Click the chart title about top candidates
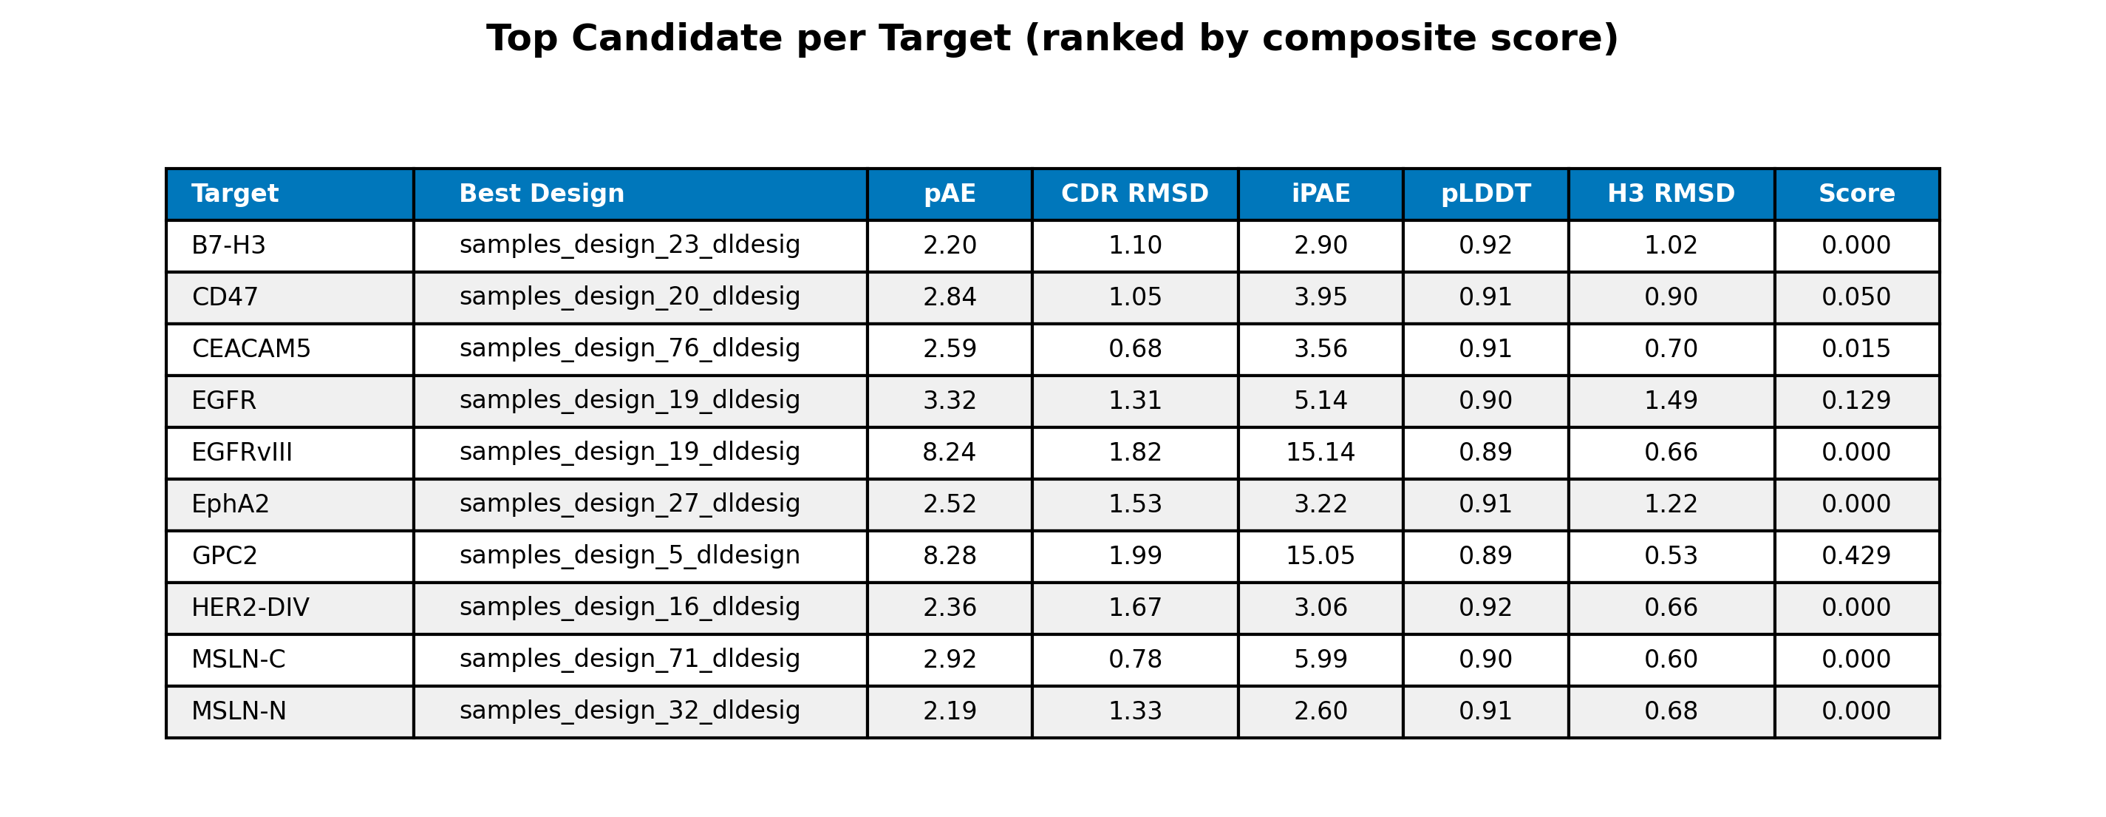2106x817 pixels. click(1052, 38)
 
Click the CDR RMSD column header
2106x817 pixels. click(1135, 194)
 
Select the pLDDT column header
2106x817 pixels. click(1485, 194)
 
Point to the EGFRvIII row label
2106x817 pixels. click(241, 452)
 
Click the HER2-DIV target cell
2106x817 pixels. click(251, 608)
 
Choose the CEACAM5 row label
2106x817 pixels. click(251, 349)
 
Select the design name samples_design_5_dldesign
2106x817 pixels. click(630, 555)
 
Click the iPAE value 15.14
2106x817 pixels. click(1320, 452)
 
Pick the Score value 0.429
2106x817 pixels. click(1855, 556)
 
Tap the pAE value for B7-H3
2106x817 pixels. click(949, 245)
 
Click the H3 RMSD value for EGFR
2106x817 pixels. click(1671, 401)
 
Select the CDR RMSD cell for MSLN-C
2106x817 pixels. click(1135, 660)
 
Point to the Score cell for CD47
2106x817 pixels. click(1855, 297)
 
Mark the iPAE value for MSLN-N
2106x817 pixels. click(1320, 711)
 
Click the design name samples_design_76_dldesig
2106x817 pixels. click(630, 348)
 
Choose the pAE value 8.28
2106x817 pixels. click(949, 556)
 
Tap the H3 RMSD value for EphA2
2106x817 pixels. click(1671, 504)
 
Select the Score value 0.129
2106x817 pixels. click(1855, 401)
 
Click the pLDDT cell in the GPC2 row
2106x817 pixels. click(1485, 556)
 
